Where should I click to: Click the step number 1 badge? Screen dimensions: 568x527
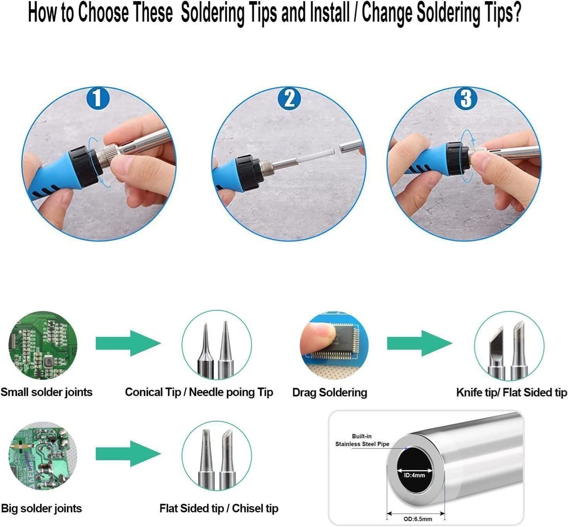(x=98, y=98)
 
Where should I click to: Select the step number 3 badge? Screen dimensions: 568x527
(x=466, y=98)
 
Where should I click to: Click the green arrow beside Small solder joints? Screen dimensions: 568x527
(x=128, y=343)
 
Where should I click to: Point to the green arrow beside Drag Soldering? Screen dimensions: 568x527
(x=420, y=343)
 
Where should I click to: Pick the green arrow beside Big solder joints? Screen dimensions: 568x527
(x=128, y=454)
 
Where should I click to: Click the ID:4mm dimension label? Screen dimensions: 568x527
(x=415, y=475)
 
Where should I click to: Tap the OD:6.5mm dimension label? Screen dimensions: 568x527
(x=418, y=519)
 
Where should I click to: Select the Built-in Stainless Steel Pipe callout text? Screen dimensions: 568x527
(x=362, y=440)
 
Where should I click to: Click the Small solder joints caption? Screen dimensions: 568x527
(x=46, y=392)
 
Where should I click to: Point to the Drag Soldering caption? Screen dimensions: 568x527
(x=329, y=393)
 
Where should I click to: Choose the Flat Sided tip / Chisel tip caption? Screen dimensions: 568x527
(x=219, y=508)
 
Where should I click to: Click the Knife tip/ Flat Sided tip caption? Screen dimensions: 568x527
(x=511, y=392)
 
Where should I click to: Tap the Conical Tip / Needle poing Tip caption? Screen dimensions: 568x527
(x=199, y=392)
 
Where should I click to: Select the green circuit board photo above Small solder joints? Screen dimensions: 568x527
(x=43, y=345)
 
